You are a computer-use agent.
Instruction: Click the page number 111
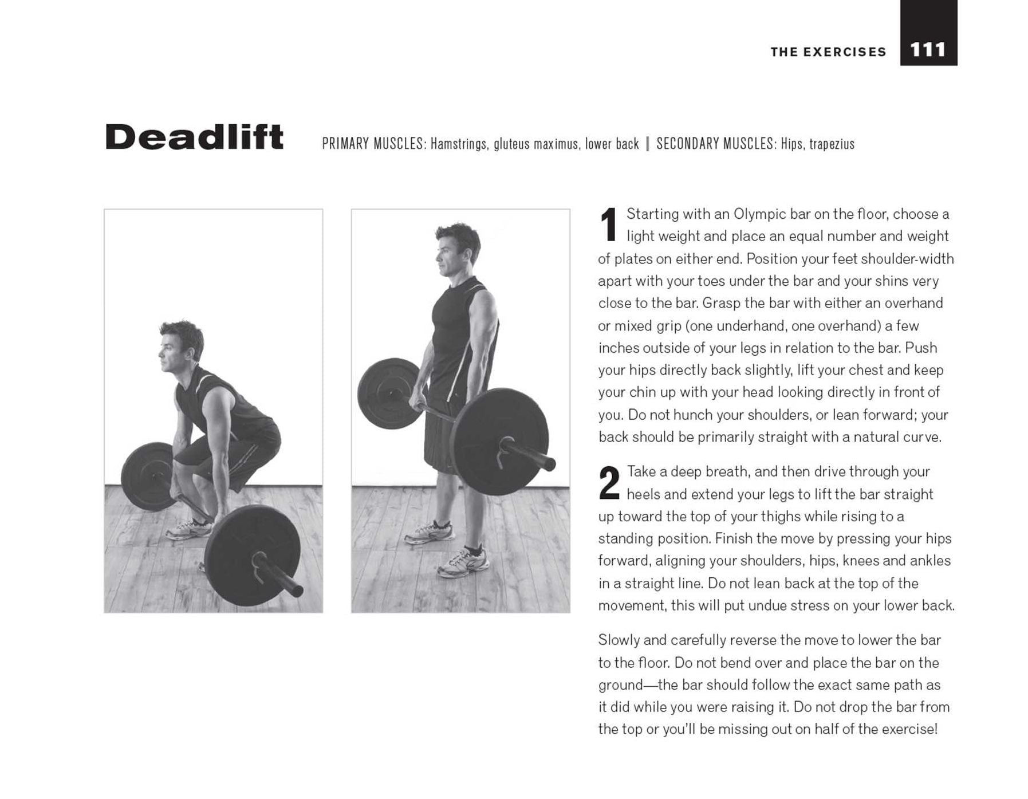coord(927,50)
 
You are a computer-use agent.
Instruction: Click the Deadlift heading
coord(194,137)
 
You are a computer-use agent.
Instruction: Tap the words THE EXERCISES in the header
coord(828,52)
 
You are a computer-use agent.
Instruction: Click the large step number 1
coord(609,225)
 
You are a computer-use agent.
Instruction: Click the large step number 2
coord(609,483)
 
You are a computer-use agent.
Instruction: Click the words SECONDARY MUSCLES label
coord(716,144)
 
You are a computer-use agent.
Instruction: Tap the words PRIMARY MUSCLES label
coord(374,144)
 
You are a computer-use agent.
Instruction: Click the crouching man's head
coord(180,347)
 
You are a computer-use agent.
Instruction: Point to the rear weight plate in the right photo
coord(389,393)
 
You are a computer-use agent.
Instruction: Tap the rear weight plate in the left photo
coord(148,477)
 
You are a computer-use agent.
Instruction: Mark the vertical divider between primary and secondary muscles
coord(648,144)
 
